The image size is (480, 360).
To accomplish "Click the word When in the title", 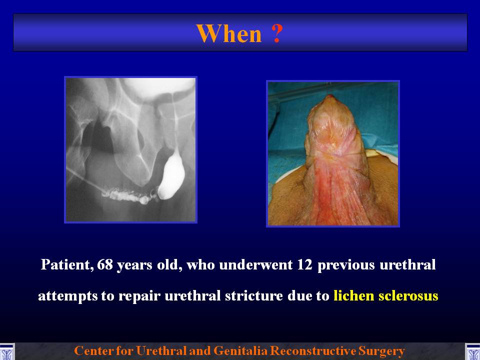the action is [229, 33].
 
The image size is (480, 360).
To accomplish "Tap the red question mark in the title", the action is [276, 33].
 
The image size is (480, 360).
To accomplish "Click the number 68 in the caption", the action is [105, 265].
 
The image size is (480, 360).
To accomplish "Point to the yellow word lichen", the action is [354, 296].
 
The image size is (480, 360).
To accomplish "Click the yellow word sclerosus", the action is [408, 296].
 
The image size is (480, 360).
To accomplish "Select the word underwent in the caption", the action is [255, 265].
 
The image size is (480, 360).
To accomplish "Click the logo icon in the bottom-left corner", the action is [6, 351].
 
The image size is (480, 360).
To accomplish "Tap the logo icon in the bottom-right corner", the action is [472, 351].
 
